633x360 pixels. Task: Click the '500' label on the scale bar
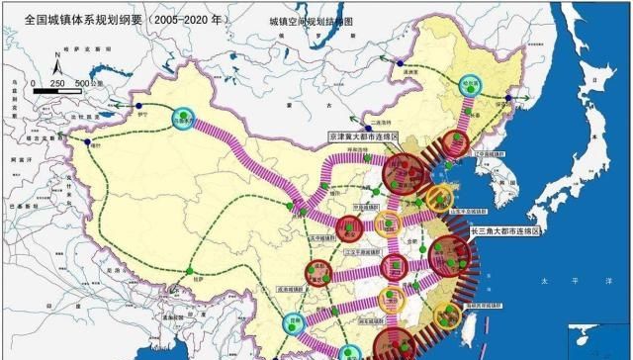83,82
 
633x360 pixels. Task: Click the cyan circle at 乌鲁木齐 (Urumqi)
182,117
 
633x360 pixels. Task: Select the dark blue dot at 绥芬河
509,98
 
